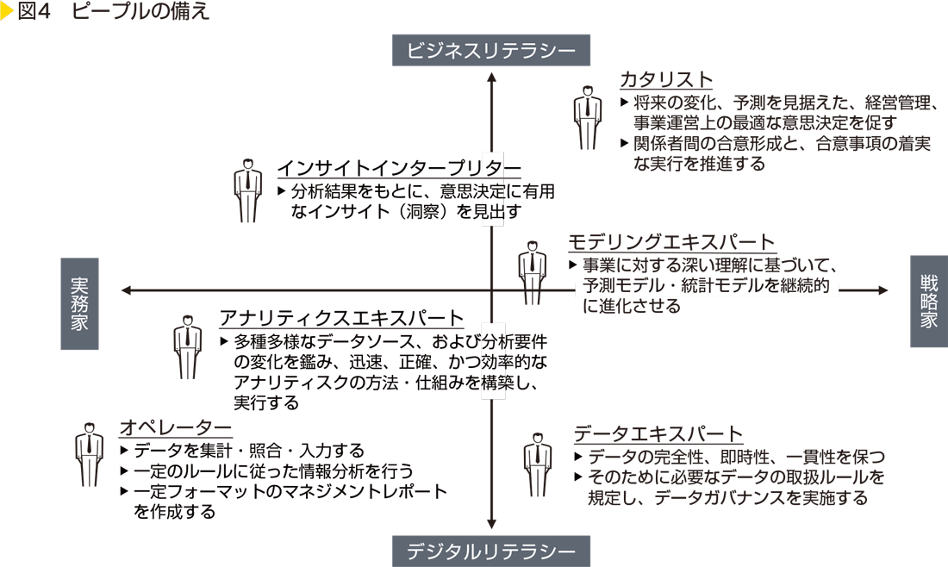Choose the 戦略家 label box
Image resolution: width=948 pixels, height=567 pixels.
(928, 302)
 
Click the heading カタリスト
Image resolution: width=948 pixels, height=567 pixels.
(666, 80)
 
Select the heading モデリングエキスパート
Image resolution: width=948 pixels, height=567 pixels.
(671, 242)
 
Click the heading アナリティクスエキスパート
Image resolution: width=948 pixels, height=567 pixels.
(342, 318)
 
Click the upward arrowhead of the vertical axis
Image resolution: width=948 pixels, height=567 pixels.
(491, 78)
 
